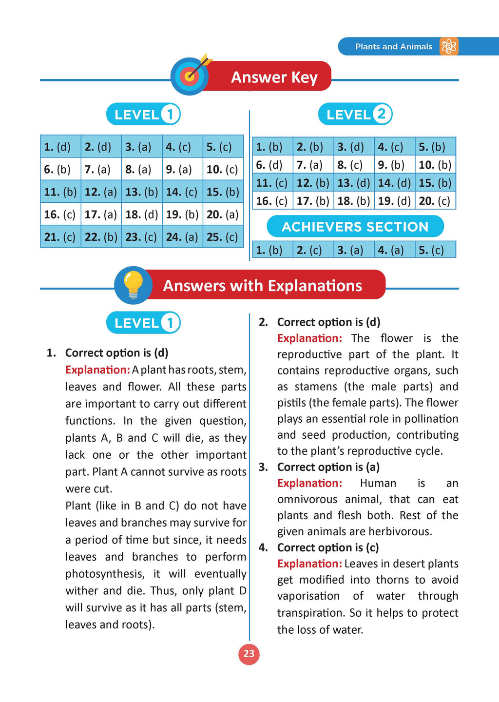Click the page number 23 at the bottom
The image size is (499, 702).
[x=249, y=654]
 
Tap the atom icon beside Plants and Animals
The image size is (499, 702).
[x=448, y=46]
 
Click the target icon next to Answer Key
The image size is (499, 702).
[x=190, y=76]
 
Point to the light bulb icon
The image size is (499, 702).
[x=133, y=285]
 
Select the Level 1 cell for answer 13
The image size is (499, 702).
[x=141, y=192]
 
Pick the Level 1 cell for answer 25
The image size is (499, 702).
[x=223, y=237]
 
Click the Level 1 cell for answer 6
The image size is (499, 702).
[x=60, y=170]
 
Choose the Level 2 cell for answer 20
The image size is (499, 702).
[x=435, y=201]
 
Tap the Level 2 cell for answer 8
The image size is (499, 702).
[x=354, y=165]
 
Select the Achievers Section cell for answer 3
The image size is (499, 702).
[x=354, y=250]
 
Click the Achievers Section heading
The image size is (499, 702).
[x=355, y=227]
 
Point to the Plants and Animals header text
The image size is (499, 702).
[x=393, y=47]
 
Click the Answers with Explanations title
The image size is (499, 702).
[x=262, y=286]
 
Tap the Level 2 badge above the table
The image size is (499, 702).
[x=355, y=115]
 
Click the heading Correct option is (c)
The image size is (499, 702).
[x=327, y=547]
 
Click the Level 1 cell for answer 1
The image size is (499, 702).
[x=60, y=147]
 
